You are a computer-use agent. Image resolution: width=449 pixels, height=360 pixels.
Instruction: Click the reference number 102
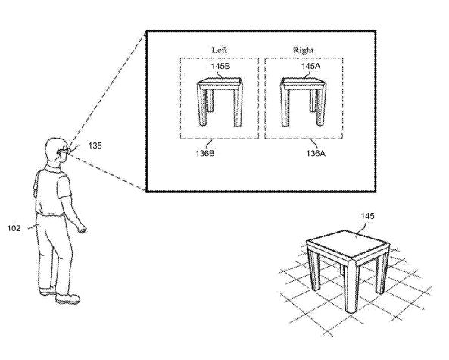pyautogui.click(x=14, y=228)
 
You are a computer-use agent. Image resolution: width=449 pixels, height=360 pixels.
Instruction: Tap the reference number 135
pyautogui.click(x=95, y=146)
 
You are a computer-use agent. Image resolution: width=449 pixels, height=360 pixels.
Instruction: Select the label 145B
pyautogui.click(x=220, y=66)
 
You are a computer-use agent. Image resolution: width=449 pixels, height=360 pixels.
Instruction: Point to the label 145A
pyautogui.click(x=310, y=66)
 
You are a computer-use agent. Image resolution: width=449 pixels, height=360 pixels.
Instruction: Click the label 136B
pyautogui.click(x=204, y=153)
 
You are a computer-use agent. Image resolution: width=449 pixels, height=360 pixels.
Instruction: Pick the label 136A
pyautogui.click(x=316, y=153)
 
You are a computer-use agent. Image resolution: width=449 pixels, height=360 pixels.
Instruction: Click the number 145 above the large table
pyautogui.click(x=367, y=216)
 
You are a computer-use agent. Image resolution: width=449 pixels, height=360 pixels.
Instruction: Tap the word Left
pyautogui.click(x=220, y=50)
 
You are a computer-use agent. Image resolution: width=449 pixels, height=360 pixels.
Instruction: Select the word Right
pyautogui.click(x=303, y=50)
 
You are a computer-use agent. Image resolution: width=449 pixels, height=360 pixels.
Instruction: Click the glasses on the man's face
pyautogui.click(x=64, y=151)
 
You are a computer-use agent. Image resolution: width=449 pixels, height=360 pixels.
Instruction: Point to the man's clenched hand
pyautogui.click(x=83, y=229)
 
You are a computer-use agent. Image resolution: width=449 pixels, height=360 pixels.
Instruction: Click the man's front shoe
pyautogui.click(x=67, y=299)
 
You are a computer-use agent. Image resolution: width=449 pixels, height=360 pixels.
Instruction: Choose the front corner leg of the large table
pyautogui.click(x=351, y=286)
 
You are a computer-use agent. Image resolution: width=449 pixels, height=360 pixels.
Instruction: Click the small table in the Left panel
pyautogui.click(x=220, y=102)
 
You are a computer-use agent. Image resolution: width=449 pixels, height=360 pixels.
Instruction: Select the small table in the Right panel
pyautogui.click(x=303, y=102)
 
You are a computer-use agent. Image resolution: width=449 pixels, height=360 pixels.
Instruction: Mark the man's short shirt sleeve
pyautogui.click(x=63, y=185)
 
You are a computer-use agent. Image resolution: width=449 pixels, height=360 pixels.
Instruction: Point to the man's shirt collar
pyautogui.click(x=54, y=168)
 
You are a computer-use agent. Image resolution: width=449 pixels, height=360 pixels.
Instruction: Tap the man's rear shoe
pyautogui.click(x=48, y=291)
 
